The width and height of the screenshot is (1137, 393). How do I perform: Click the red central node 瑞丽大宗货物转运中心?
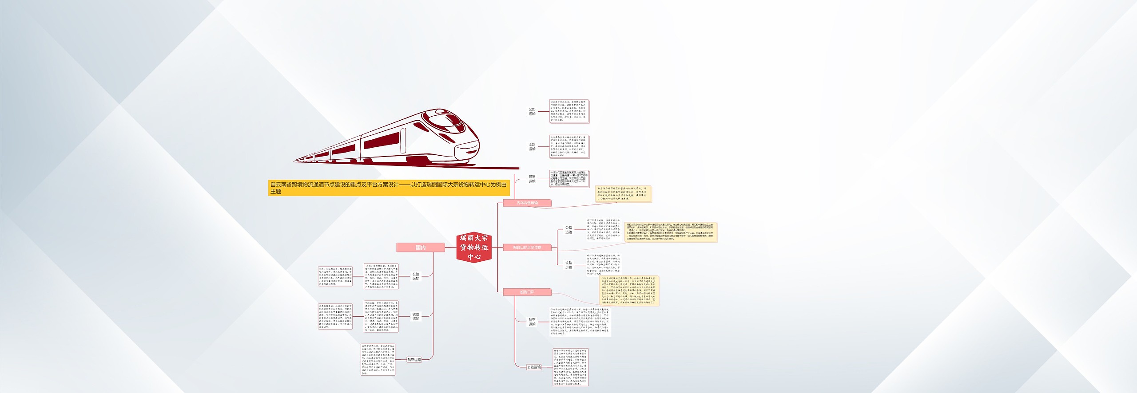[x=473, y=247]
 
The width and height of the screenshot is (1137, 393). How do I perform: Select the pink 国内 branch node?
[x=420, y=248]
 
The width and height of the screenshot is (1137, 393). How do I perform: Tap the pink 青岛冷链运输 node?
[x=527, y=203]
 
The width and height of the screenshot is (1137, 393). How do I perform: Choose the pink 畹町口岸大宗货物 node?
[x=527, y=248]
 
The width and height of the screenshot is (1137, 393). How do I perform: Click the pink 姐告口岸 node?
[x=527, y=292]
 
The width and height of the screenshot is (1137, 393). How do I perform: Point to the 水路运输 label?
[x=532, y=147]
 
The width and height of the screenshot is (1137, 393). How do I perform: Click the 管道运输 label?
[x=532, y=179]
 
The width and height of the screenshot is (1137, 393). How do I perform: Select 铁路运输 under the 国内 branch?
[x=416, y=316]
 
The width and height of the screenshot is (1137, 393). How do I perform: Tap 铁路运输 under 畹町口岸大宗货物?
[x=569, y=265]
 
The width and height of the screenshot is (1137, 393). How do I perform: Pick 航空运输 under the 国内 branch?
[x=414, y=360]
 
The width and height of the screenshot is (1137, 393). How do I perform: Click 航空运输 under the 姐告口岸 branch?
[x=532, y=322]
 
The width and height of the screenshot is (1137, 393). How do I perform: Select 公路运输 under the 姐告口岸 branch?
[x=534, y=367]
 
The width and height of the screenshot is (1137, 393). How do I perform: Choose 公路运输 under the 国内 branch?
[x=416, y=276]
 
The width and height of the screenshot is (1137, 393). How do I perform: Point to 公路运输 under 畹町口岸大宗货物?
[x=569, y=230]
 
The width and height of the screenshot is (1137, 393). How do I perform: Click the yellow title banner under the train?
[x=389, y=188]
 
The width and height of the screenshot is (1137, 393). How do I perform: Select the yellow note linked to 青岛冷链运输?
[x=623, y=194]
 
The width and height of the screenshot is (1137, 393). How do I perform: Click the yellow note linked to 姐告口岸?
[x=629, y=291]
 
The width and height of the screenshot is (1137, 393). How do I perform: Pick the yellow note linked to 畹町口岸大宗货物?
[x=670, y=232]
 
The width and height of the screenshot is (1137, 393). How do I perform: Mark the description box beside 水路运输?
[x=569, y=147]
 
